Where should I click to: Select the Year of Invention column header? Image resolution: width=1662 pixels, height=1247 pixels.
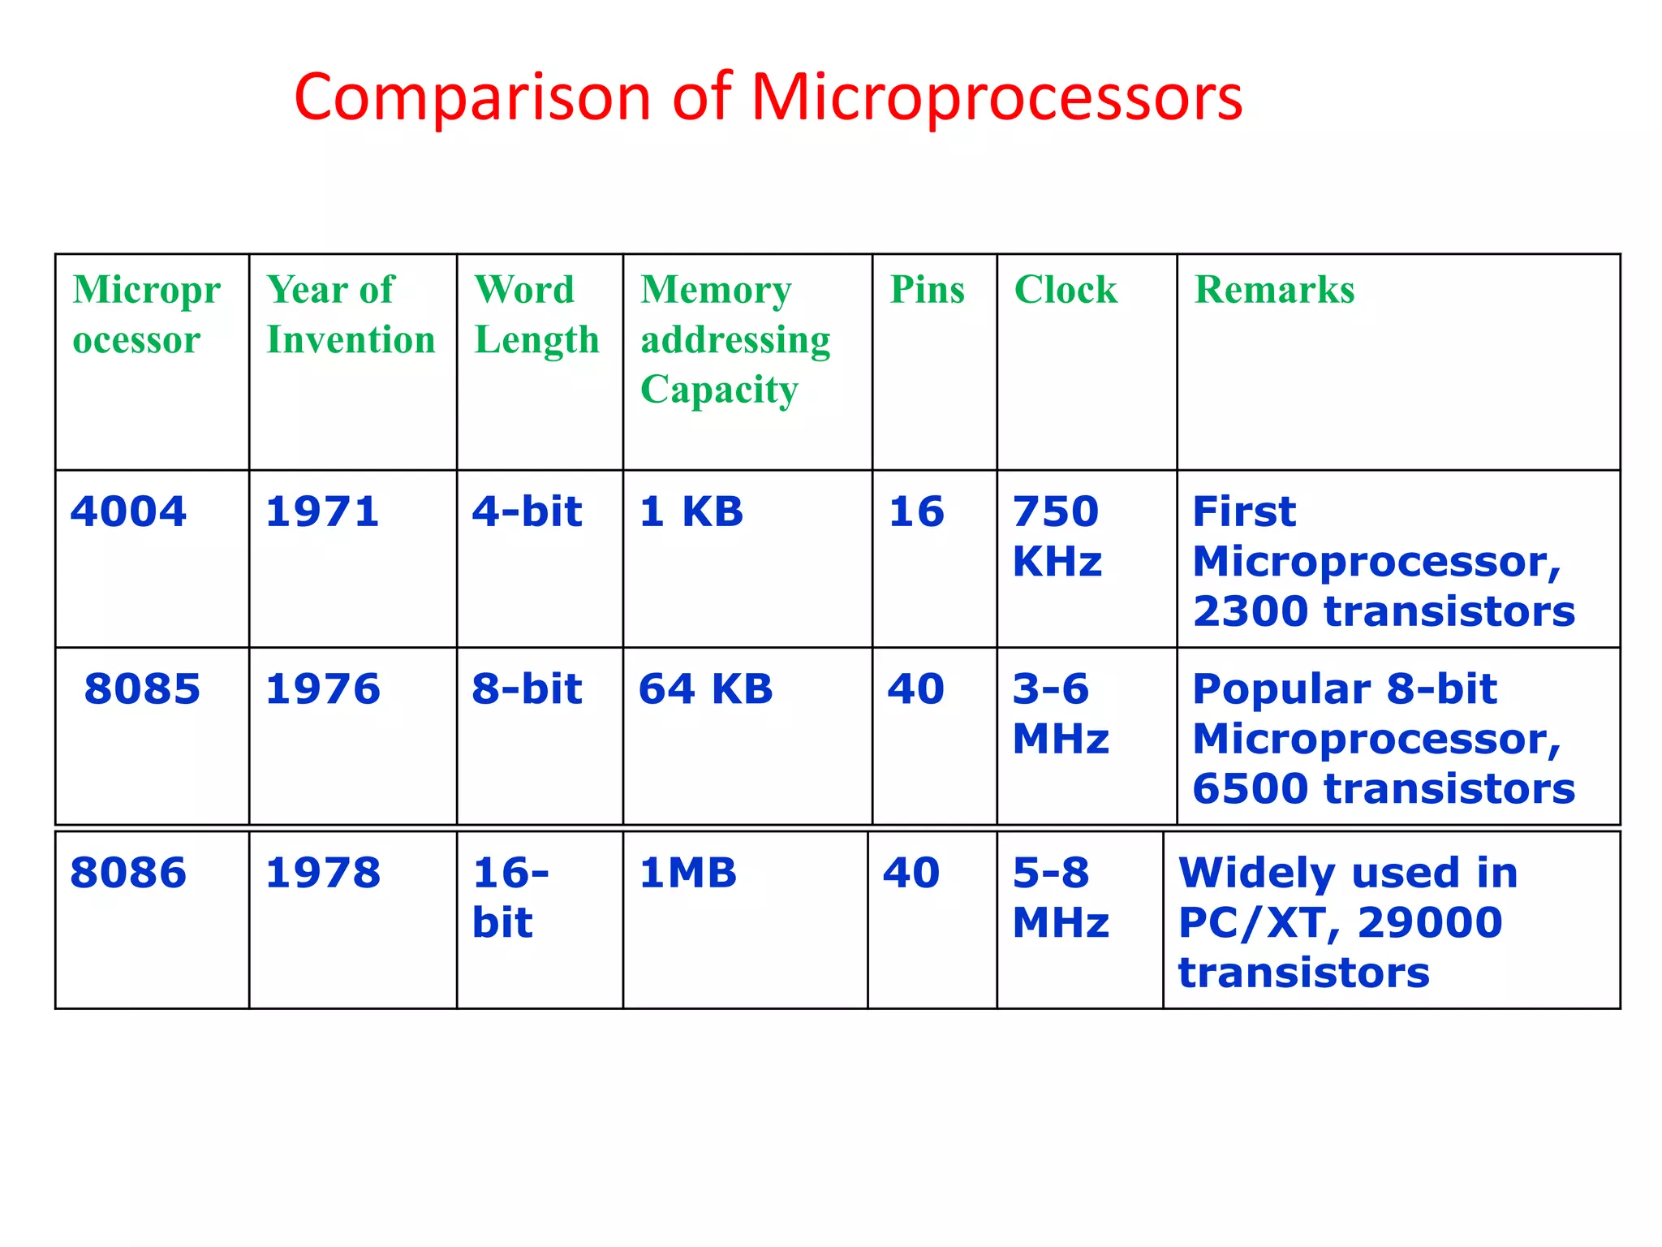click(x=350, y=314)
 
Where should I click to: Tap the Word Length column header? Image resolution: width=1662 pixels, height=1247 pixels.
click(x=536, y=314)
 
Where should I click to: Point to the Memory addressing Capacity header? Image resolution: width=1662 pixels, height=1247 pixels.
click(x=734, y=339)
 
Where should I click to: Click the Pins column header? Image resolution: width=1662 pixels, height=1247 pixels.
click(x=927, y=290)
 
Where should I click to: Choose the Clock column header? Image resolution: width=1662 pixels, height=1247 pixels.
click(x=1065, y=290)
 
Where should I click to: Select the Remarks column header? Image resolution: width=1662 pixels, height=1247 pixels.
click(x=1274, y=290)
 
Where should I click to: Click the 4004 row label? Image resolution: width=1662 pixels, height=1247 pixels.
click(x=128, y=512)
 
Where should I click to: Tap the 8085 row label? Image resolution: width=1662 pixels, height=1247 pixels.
click(x=142, y=689)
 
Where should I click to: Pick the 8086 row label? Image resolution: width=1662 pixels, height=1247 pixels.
click(x=128, y=874)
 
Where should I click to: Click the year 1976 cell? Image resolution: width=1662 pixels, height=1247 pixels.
click(x=322, y=689)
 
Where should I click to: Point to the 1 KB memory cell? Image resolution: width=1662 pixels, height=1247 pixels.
click(x=691, y=512)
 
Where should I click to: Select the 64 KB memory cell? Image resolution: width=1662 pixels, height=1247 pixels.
click(x=705, y=689)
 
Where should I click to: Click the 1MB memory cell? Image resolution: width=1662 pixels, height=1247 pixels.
click(x=687, y=874)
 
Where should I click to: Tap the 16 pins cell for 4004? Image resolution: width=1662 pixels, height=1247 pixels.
click(x=916, y=512)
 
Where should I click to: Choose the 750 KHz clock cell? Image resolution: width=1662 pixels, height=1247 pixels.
click(x=1057, y=536)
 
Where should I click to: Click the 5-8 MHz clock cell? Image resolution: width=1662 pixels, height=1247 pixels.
click(x=1059, y=897)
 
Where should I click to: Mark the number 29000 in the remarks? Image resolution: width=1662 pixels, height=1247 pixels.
click(x=1429, y=923)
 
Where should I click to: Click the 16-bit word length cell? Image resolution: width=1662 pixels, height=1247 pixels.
click(x=510, y=897)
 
